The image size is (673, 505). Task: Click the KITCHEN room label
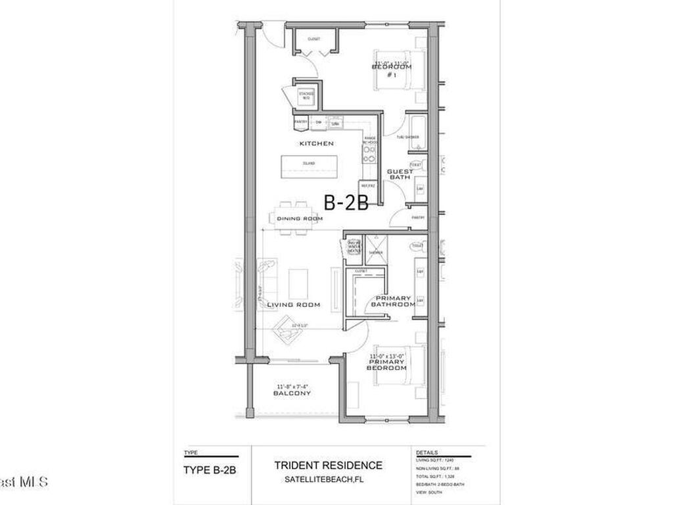pos(316,143)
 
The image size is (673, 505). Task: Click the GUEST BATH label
pos(400,174)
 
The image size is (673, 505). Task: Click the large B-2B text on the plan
pos(346,202)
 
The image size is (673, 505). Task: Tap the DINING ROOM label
pos(300,219)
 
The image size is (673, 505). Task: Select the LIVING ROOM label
pos(294,304)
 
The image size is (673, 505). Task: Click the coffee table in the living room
pos(298,283)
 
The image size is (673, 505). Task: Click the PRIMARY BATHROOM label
pos(393,301)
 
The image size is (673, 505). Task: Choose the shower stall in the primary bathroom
pos(376,249)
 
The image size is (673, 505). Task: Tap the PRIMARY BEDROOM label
pos(387,364)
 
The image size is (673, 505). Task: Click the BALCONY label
pos(292,393)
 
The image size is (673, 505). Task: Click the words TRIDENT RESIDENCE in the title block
pos(328,466)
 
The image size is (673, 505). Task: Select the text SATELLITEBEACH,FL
pos(328,479)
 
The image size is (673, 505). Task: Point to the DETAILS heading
pos(427,454)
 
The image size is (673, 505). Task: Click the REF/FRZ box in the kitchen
pos(368,187)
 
